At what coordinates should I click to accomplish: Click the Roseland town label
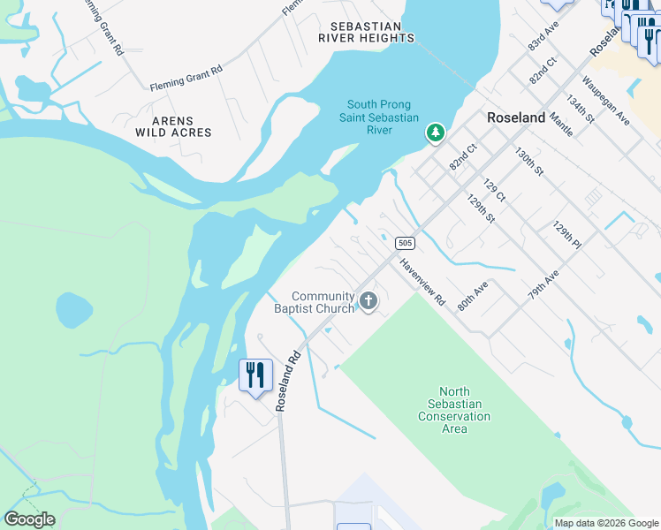515,117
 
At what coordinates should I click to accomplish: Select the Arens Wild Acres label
173,126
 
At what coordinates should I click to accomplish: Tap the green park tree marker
435,133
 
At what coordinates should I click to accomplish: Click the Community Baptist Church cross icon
368,302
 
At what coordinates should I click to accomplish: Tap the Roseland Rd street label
289,381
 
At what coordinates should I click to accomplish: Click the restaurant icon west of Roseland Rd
255,375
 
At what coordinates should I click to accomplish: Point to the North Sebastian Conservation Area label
454,410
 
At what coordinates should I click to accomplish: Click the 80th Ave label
473,297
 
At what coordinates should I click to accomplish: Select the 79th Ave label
544,288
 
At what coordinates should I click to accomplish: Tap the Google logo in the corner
29,519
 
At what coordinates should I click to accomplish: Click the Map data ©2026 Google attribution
606,523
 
